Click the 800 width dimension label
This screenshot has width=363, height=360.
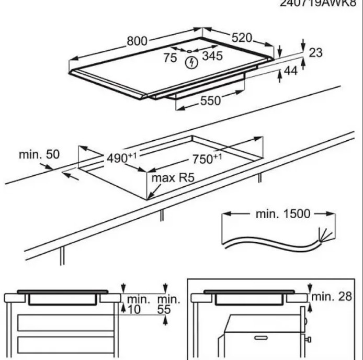click(138, 41)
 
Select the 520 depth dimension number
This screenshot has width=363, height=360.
click(242, 38)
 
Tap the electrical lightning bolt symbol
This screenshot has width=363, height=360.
click(192, 62)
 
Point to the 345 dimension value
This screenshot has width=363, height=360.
click(212, 55)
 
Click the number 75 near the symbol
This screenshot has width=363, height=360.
click(170, 58)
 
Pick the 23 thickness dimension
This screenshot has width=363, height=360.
click(315, 52)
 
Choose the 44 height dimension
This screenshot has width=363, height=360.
click(290, 71)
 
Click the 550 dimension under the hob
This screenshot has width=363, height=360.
click(211, 102)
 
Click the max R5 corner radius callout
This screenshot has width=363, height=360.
click(173, 178)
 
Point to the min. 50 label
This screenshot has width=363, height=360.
click(39, 154)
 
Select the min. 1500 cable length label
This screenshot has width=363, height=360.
click(283, 213)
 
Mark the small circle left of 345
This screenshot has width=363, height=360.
click(189, 51)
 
